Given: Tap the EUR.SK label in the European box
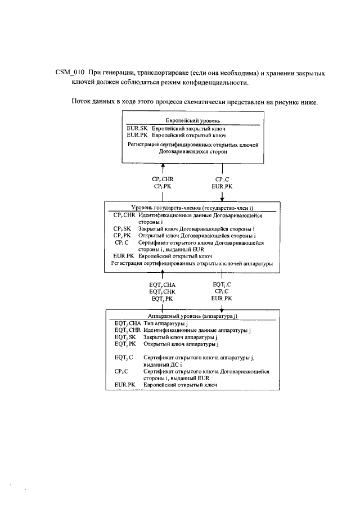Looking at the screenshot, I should click(137, 128).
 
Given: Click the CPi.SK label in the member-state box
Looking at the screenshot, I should click(121, 229).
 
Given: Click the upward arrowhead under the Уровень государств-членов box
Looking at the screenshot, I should click(163, 276).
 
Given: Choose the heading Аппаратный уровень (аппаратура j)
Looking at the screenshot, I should click(193, 317).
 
